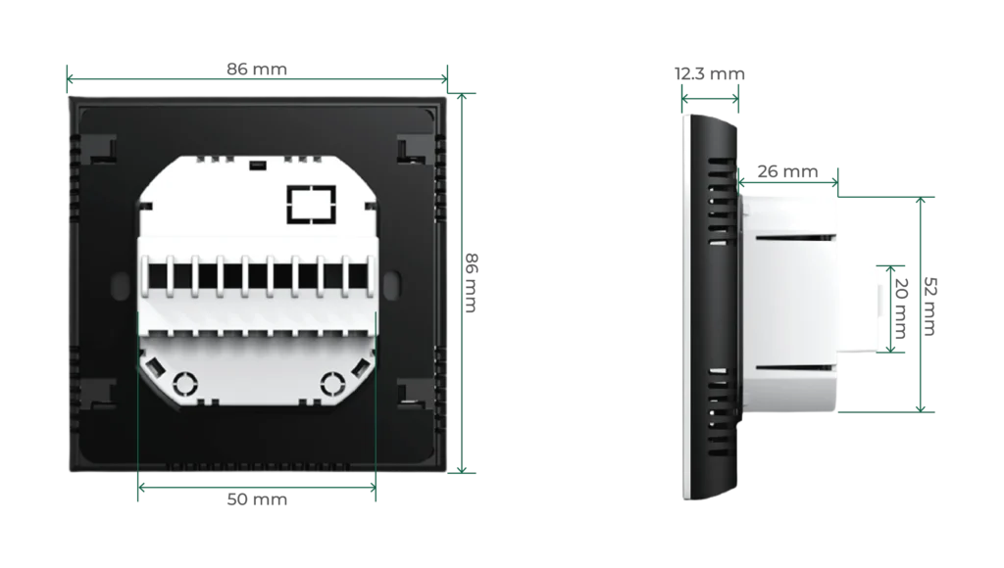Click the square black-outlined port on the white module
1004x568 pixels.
coord(311,206)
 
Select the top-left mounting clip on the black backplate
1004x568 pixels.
coord(102,150)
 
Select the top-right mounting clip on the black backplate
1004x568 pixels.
coord(413,150)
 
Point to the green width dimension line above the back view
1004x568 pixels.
coord(257,73)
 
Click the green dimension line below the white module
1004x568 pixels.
coord(257,482)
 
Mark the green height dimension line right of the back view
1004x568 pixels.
coord(467,284)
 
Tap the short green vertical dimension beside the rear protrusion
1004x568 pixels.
coord(891,307)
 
